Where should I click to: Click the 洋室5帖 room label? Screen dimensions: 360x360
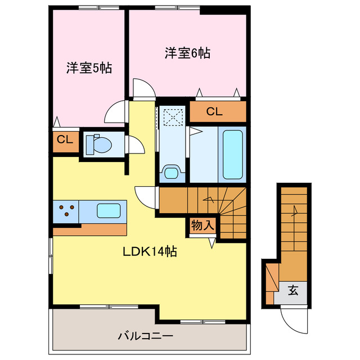point(89,69)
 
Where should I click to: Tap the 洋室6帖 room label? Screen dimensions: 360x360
point(187,53)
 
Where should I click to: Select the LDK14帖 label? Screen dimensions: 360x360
point(150,252)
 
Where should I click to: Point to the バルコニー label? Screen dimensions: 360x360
point(145,336)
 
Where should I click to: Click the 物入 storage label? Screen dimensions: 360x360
point(202,226)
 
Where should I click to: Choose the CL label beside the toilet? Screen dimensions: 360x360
point(65,140)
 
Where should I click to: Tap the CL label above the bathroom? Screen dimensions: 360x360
point(214,111)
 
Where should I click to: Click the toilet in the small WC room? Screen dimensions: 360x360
point(99,144)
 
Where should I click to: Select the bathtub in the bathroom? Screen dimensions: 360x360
point(232,154)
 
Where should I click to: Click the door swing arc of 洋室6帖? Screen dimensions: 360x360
point(142,89)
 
